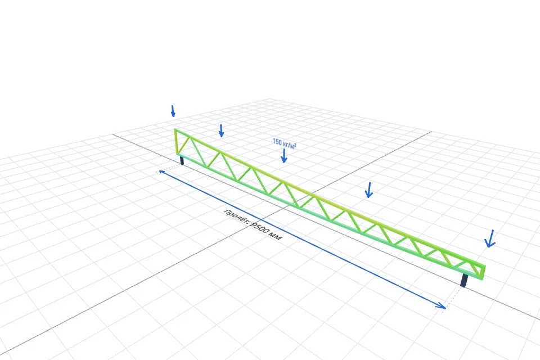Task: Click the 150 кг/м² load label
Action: [284, 143]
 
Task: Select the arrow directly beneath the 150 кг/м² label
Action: [283, 156]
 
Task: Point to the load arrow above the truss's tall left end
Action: [173, 111]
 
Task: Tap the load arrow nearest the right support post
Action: [490, 238]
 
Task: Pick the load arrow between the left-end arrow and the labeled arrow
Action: [221, 130]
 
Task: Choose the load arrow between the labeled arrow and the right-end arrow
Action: [368, 190]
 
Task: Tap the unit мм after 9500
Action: [276, 236]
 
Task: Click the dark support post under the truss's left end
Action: [182, 160]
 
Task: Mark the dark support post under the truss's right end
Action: [464, 281]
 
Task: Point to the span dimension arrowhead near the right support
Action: [441, 306]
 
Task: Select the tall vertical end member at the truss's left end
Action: [176, 142]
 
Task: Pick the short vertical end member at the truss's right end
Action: [483, 272]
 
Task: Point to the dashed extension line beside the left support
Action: [169, 168]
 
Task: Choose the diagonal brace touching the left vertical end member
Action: [183, 145]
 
